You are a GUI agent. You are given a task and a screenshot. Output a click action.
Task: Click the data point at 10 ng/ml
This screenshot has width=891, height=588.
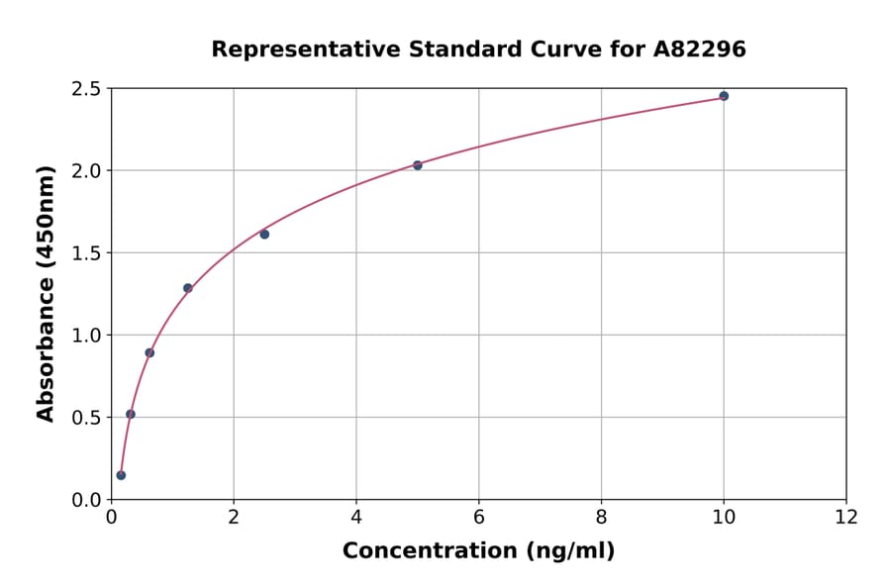pos(724,96)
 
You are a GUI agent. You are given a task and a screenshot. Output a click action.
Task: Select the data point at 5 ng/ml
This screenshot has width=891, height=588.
pos(418,165)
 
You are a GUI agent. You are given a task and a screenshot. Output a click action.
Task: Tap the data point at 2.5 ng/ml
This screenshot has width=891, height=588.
pos(264,235)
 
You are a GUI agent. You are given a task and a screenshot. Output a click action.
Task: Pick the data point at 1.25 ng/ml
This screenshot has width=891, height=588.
pos(188,288)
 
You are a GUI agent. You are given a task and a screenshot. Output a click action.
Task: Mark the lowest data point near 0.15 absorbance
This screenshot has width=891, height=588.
pos(121,475)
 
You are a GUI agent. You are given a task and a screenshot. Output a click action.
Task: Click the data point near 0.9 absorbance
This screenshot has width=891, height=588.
pos(149,352)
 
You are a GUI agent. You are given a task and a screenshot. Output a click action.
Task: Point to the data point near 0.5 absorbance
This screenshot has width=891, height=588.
pos(131,414)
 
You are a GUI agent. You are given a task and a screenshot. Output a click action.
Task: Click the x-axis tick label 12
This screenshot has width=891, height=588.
pos(846,517)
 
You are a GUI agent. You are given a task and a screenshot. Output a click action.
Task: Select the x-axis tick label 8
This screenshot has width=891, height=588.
pos(601,517)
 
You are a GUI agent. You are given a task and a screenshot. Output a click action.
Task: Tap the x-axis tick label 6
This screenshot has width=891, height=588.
pos(479,517)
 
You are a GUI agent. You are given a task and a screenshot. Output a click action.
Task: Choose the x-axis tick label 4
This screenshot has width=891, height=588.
pos(356,517)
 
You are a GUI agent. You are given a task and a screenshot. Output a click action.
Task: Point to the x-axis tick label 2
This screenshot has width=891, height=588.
pos(234,517)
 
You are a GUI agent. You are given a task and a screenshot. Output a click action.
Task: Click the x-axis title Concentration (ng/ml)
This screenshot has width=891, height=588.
pos(478,551)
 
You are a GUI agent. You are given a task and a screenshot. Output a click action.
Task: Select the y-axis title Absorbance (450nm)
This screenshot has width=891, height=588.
pos(46,293)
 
